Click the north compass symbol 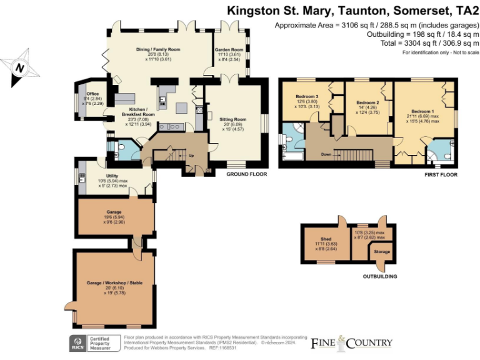click(x=21, y=67)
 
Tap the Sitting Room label click(x=232, y=119)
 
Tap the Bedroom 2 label click(x=367, y=102)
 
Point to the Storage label click(x=382, y=252)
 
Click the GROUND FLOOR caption click(x=245, y=174)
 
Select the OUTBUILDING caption click(x=379, y=276)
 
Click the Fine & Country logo click(x=352, y=342)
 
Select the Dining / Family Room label click(x=158, y=49)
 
